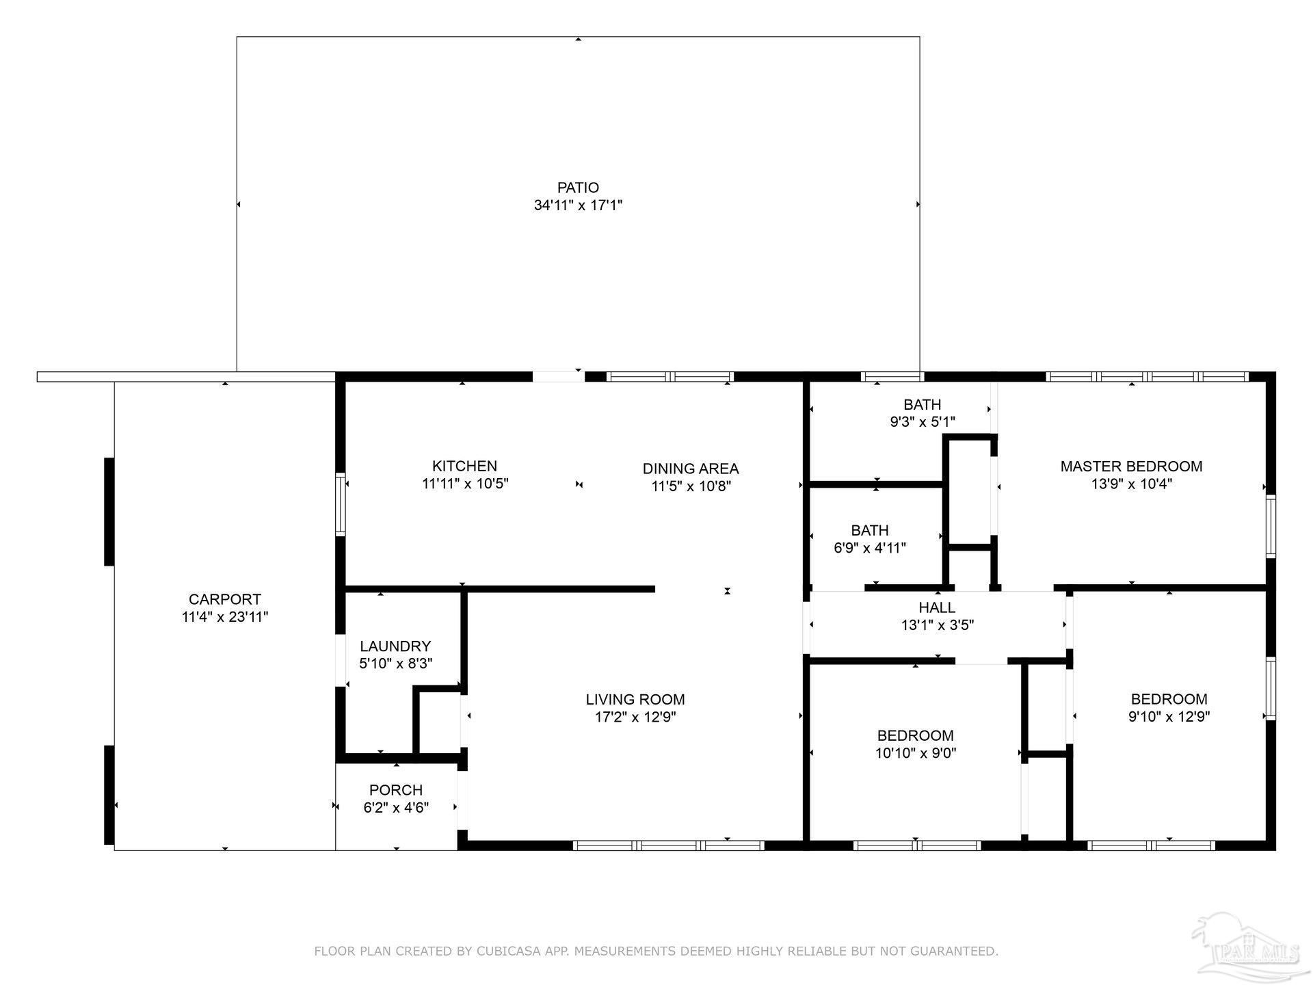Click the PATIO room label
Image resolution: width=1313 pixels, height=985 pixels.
point(578,187)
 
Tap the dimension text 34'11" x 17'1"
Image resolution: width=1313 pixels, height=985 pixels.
point(578,205)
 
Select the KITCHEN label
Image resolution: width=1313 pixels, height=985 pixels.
point(464,466)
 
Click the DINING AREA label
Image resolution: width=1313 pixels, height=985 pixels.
point(691,469)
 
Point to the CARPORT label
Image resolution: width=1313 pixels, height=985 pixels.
point(225,599)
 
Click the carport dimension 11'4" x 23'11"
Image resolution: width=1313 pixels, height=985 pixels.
point(225,617)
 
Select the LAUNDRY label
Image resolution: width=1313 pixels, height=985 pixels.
point(395,646)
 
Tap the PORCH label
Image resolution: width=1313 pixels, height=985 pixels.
point(396,789)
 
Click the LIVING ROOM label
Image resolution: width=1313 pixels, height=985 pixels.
point(635,699)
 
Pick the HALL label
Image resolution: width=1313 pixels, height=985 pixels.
point(937,607)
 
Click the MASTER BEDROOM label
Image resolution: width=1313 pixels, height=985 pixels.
point(1131,467)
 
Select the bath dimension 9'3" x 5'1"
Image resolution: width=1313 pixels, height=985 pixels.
point(922,422)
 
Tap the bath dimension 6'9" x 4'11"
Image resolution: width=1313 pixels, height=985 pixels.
point(870,548)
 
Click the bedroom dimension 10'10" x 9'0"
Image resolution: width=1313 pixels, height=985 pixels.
point(916,753)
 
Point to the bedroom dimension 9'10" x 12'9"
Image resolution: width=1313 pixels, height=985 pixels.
point(1169,717)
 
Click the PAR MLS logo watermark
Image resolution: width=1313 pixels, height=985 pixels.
point(1246,948)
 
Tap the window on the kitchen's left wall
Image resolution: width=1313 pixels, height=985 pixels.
point(340,503)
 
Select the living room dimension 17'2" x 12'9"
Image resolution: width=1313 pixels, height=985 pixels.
point(635,717)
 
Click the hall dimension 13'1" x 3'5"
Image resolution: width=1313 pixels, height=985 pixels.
point(937,625)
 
